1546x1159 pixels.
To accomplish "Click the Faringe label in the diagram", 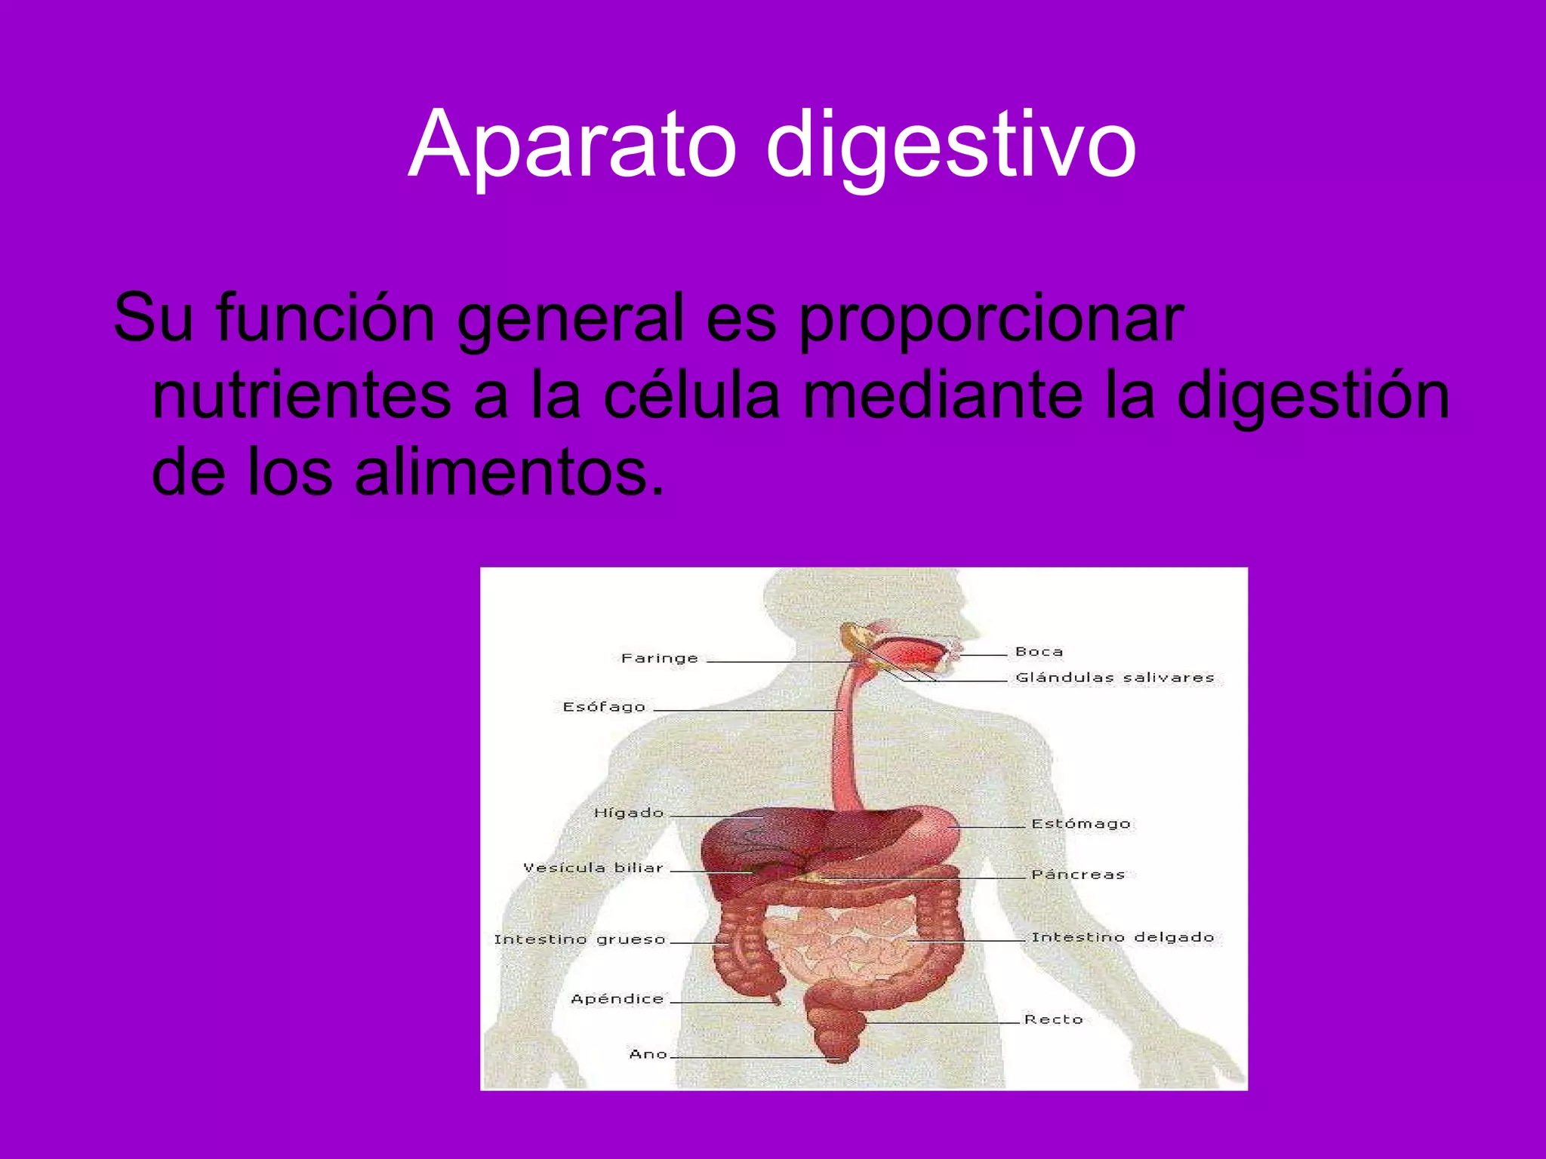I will click(659, 658).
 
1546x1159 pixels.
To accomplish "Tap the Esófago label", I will click(604, 707).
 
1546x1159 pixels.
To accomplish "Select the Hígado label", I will click(628, 813).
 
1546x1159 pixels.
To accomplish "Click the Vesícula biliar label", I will click(593, 868).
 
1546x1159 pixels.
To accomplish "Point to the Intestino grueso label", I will click(579, 939).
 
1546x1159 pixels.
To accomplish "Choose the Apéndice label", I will click(617, 999).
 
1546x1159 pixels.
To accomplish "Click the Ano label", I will click(648, 1054).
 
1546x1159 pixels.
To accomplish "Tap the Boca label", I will click(1039, 651).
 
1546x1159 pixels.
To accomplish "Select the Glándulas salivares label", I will click(1114, 678).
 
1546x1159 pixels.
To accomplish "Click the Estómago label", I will click(1080, 823).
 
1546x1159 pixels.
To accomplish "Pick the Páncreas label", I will click(1077, 875).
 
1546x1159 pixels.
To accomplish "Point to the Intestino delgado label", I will click(1123, 937).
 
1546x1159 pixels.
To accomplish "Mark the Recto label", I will click(1053, 1019).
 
